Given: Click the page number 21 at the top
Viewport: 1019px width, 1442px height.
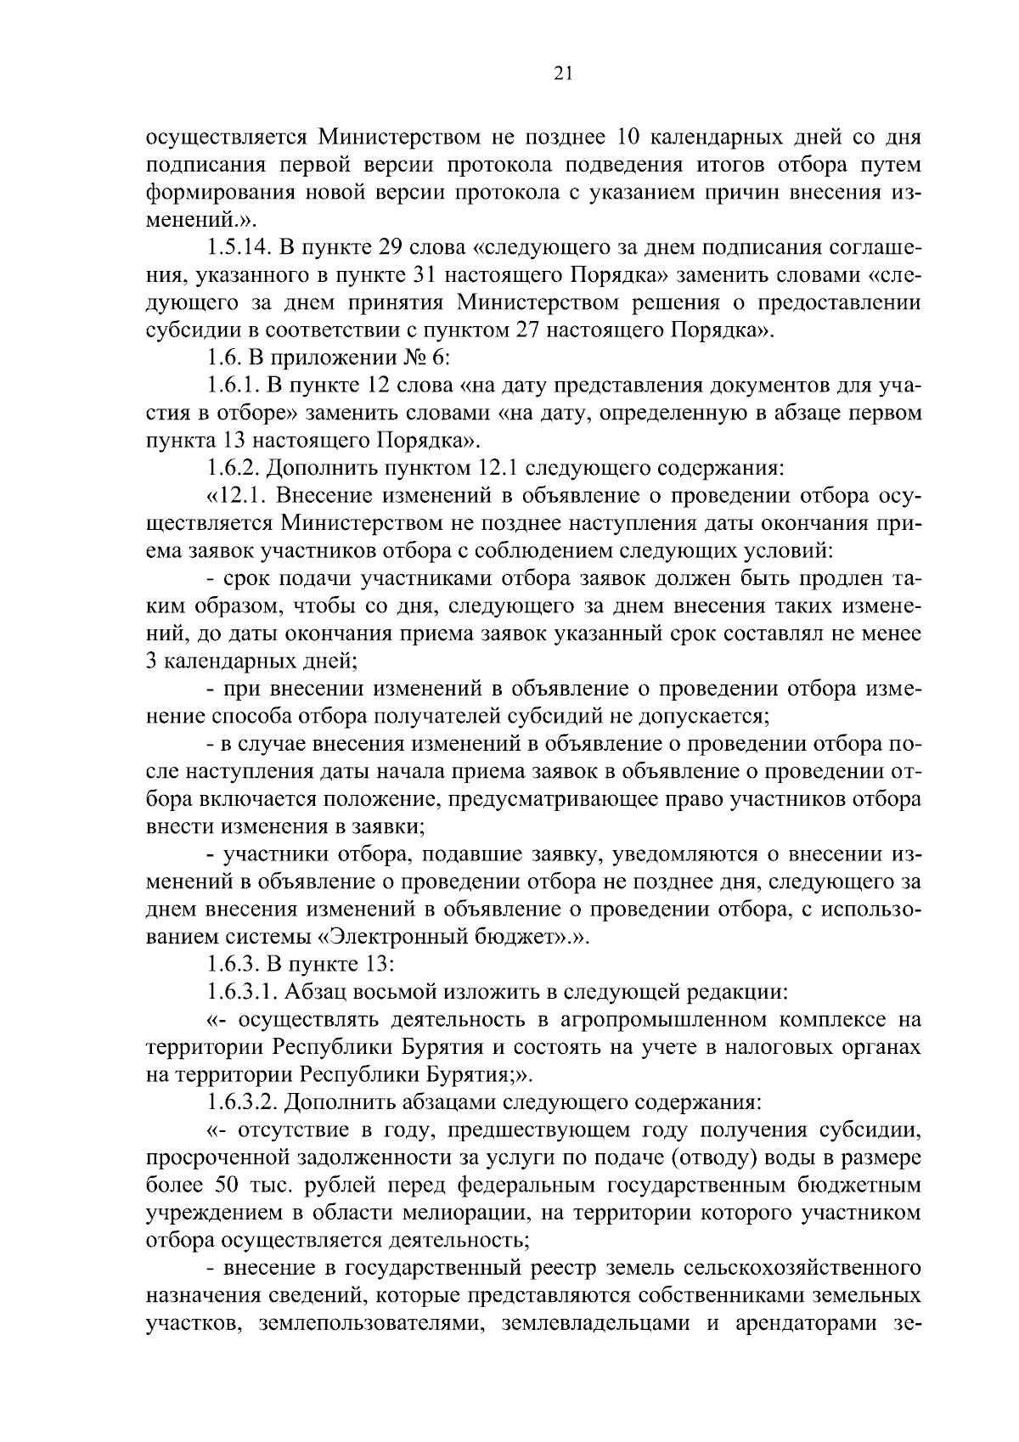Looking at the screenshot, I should click(x=563, y=75).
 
